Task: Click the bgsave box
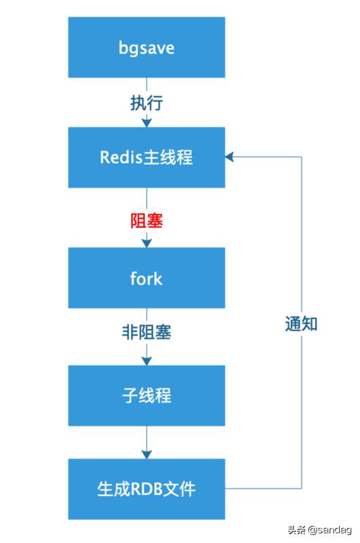[x=146, y=48]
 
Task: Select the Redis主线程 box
[x=146, y=157]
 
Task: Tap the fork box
[x=146, y=278]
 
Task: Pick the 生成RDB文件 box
[x=146, y=489]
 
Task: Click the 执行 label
[x=146, y=103]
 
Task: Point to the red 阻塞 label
[x=146, y=221]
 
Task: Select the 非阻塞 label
[x=146, y=333]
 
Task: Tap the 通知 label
[x=301, y=324]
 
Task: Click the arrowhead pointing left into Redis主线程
[x=230, y=157]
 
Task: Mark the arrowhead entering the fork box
[x=146, y=243]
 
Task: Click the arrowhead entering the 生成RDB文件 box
[x=146, y=454]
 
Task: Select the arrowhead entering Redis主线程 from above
[x=146, y=123]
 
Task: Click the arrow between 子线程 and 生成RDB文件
[x=146, y=441]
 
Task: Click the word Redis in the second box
[x=121, y=157]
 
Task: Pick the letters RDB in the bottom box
[x=143, y=489]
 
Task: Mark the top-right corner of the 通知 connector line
[x=301, y=157]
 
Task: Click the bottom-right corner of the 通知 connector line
[x=301, y=488]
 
